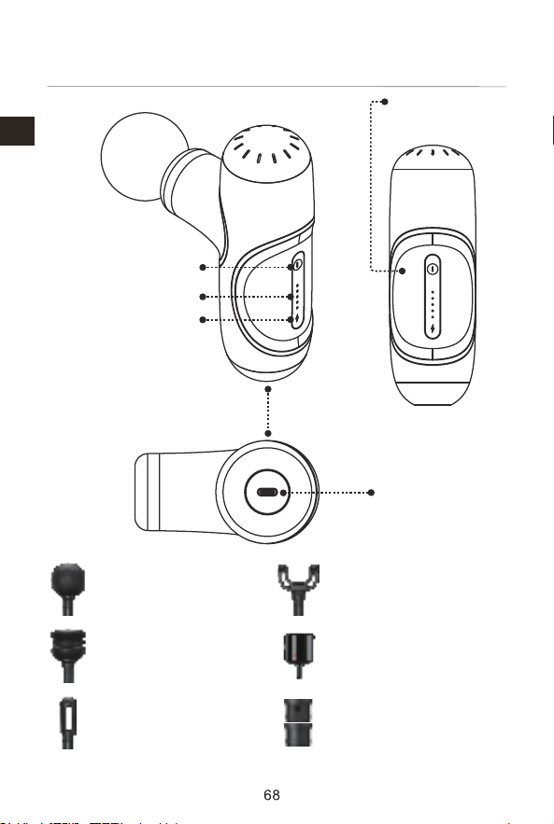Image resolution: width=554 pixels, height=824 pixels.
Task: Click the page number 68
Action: pos(272,794)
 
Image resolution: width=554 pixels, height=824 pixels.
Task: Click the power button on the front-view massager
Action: pos(433,269)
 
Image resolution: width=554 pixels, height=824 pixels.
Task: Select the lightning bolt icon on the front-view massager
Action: pos(433,329)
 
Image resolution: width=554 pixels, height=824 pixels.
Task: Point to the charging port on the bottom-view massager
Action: pos(267,493)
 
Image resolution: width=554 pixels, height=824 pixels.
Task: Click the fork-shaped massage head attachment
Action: pos(298,590)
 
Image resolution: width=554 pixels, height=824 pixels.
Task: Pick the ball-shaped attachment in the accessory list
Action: pos(68,589)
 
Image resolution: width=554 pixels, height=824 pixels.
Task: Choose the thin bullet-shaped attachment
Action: pos(68,722)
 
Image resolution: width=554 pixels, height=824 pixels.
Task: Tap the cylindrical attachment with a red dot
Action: pos(299,655)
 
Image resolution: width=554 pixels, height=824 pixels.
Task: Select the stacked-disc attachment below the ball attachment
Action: pos(68,656)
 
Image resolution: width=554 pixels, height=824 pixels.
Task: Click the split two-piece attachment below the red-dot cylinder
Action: pos(298,722)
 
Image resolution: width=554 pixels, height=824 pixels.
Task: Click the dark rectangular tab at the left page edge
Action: pos(17,131)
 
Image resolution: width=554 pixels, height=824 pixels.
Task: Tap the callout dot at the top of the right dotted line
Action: pos(385,102)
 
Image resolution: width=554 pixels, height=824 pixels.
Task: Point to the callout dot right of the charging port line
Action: pos(371,493)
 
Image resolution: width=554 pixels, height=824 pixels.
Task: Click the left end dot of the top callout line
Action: pos(203,268)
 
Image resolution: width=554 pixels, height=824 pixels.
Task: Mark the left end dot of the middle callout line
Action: pos(203,297)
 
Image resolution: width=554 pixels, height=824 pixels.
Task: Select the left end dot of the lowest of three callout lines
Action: pos(203,319)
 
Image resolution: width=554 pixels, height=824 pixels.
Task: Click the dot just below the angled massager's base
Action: pos(268,389)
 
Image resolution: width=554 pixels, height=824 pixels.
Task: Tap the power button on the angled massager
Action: pos(298,264)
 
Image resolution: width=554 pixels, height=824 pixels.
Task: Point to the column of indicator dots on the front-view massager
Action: pos(433,305)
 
